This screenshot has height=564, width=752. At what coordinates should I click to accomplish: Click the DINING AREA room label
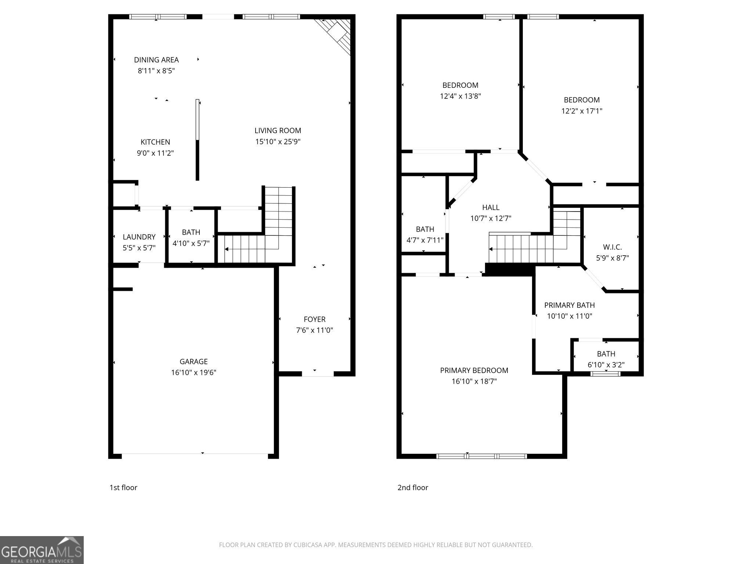point(156,60)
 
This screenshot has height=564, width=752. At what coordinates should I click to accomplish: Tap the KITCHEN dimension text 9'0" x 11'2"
point(155,153)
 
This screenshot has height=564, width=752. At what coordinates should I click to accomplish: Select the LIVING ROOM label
point(278,130)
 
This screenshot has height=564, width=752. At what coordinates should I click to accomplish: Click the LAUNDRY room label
point(139,237)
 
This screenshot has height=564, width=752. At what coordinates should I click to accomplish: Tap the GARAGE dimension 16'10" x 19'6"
point(194,372)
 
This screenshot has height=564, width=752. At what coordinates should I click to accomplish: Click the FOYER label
point(314,319)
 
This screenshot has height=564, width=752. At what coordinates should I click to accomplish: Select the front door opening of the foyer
point(318,374)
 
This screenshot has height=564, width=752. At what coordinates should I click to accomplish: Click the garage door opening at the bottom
point(195,456)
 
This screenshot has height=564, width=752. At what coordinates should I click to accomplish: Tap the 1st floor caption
point(123,488)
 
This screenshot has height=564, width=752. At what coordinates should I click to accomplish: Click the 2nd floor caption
point(413,488)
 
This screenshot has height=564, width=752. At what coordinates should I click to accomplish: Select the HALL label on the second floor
point(491,207)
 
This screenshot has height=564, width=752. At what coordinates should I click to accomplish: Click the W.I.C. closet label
point(612,247)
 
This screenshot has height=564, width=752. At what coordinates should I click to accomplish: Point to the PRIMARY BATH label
point(569,305)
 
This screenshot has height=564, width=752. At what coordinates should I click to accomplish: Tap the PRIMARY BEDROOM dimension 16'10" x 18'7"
point(474,382)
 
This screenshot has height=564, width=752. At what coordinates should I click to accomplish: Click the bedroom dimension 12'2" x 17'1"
point(582,111)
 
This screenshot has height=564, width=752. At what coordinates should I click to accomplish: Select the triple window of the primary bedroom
point(481,456)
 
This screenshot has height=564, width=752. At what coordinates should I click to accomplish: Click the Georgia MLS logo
point(41,550)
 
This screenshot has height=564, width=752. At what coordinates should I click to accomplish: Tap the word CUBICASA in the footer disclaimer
point(308,545)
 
